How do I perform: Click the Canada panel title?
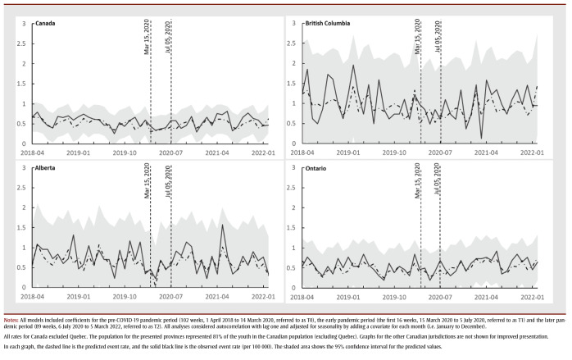click(x=47, y=25)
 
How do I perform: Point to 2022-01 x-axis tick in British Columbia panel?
click(x=533, y=153)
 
